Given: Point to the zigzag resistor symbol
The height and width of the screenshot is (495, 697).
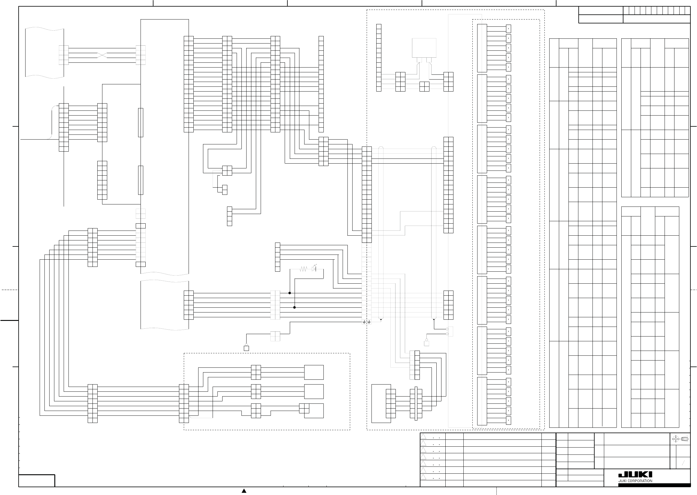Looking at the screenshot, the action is [303, 269].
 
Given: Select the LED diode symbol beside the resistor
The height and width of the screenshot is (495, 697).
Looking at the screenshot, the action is [314, 269].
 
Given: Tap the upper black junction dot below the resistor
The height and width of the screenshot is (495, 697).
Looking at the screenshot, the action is [290, 293].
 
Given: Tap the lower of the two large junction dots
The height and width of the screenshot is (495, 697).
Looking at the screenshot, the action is [295, 308].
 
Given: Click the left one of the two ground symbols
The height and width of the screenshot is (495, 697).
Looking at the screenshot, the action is [364, 322].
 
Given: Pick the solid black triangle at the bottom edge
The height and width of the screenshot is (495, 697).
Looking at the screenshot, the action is [244, 491].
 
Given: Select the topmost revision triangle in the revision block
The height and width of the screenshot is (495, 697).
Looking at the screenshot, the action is [423, 436].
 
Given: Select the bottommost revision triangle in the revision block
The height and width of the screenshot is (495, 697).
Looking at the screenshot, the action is [423, 477].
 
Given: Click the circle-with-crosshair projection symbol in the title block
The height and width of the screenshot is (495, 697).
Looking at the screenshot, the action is [676, 439].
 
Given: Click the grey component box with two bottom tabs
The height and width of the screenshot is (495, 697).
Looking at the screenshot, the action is [424, 48].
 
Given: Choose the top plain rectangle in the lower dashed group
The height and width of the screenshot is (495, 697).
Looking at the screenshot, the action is [314, 372].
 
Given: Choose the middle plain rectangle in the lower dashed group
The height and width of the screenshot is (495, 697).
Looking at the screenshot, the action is [314, 391].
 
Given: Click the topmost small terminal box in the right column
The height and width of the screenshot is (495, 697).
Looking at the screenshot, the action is [508, 29].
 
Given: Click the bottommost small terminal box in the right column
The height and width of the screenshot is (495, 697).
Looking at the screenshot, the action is [508, 420].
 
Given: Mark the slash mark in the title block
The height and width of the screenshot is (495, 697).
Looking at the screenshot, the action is [683, 463].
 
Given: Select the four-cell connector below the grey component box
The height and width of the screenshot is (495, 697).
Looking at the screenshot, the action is [424, 86].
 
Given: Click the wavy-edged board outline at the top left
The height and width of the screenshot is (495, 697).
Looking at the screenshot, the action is [44, 53].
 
